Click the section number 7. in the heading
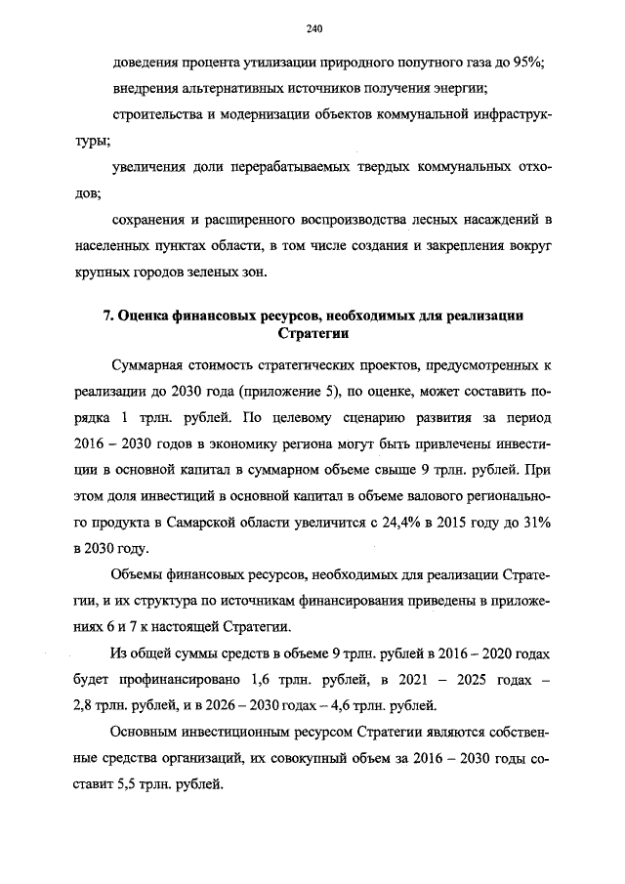pyautogui.click(x=109, y=316)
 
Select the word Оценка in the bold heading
pyautogui.click(x=141, y=316)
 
